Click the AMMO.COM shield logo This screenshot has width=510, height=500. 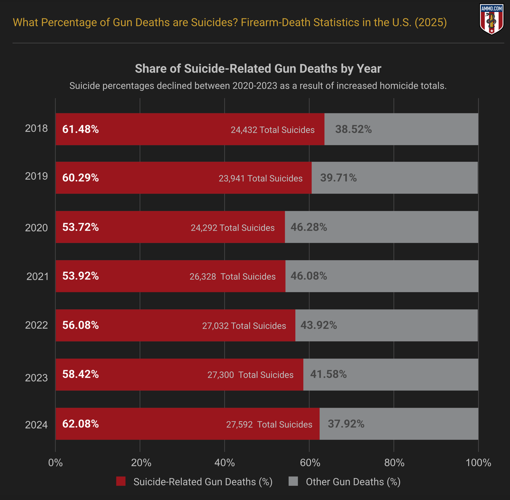tap(491, 19)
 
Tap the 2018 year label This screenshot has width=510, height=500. tap(36, 129)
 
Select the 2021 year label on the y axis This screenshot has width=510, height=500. tap(37, 276)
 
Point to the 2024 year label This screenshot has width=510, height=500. tap(36, 425)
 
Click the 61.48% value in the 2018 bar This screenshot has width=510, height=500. tap(81, 129)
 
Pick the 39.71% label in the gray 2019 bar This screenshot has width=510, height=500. tap(338, 178)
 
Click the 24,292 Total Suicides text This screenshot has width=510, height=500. tap(232, 228)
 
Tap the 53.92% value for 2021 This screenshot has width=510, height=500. tap(81, 276)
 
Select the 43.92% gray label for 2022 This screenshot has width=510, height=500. tap(319, 325)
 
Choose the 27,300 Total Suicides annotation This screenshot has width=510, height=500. tap(250, 375)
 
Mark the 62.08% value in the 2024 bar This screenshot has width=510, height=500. tap(81, 424)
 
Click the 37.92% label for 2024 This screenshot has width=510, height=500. tap(346, 424)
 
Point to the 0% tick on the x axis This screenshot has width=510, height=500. tap(56, 462)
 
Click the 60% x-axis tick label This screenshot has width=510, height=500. tap(309, 462)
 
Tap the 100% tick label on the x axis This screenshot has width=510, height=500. tap(478, 462)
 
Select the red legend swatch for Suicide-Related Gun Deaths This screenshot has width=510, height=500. tap(121, 481)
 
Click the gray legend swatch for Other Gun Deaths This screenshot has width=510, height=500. tap(293, 481)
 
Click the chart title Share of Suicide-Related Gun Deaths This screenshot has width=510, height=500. tap(258, 69)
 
